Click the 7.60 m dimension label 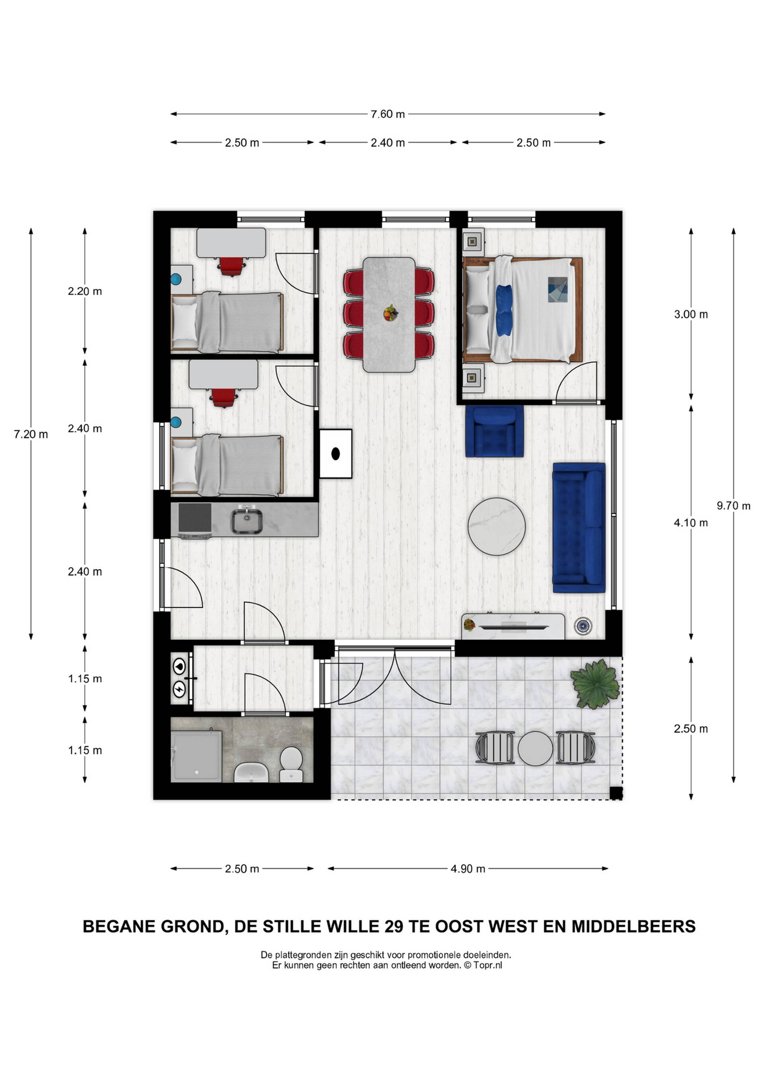pyautogui.click(x=388, y=114)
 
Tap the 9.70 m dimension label pyautogui.click(x=733, y=506)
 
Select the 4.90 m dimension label pyautogui.click(x=468, y=869)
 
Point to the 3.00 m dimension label pyautogui.click(x=691, y=314)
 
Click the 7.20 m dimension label pyautogui.click(x=31, y=434)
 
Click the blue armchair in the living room pyautogui.click(x=495, y=431)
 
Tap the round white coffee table pyautogui.click(x=496, y=526)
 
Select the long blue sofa pyautogui.click(x=579, y=528)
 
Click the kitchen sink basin pyautogui.click(x=246, y=520)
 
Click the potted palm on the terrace pyautogui.click(x=595, y=684)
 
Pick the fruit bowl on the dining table pyautogui.click(x=390, y=313)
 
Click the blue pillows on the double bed pyautogui.click(x=503, y=310)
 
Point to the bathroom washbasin pyautogui.click(x=251, y=772)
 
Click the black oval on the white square pyautogui.click(x=335, y=454)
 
